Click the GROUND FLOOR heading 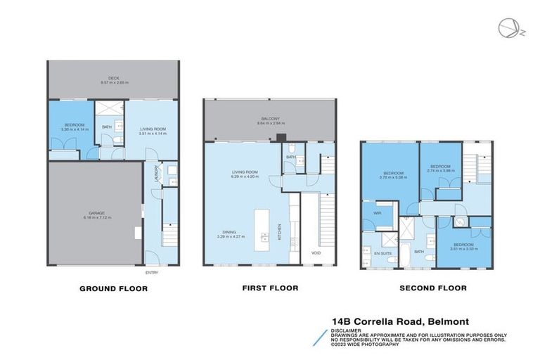tap(113, 288)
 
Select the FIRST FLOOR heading tap(270, 288)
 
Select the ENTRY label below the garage tap(152, 272)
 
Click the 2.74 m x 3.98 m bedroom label tap(441, 167)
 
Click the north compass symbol tap(507, 27)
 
